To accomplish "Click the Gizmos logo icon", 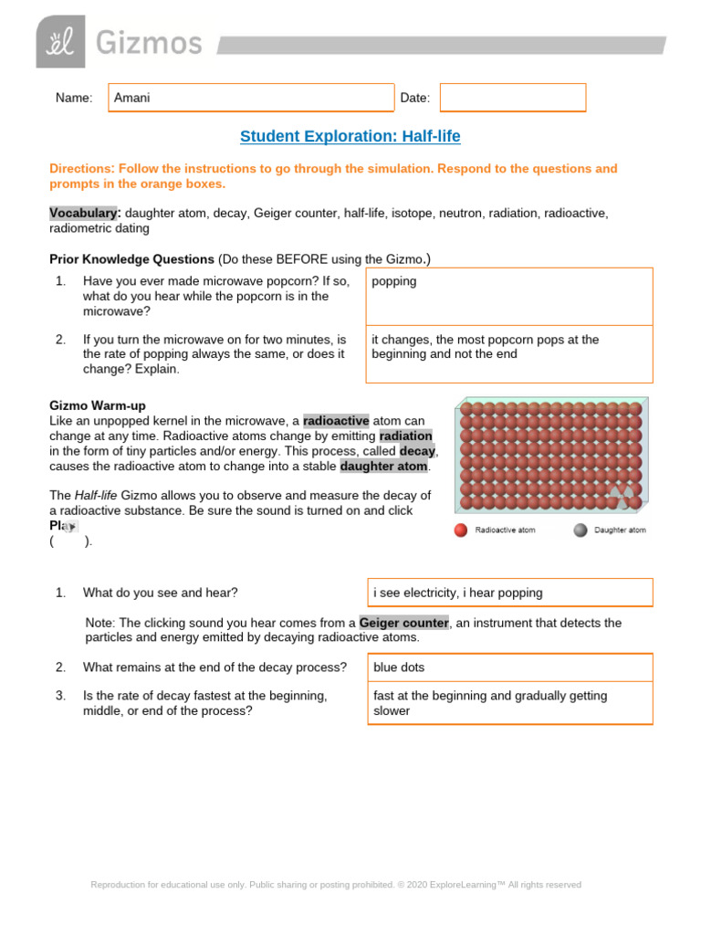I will click(x=60, y=42).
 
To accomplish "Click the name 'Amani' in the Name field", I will click(x=132, y=99).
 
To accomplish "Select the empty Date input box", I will click(x=512, y=98).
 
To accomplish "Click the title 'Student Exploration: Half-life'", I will click(x=350, y=137).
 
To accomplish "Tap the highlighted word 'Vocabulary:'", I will click(x=85, y=213).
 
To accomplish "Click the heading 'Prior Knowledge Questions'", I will click(x=131, y=259).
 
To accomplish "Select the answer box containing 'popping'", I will click(x=509, y=296).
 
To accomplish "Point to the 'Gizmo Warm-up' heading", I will click(x=97, y=405).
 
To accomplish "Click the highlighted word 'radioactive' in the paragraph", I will click(x=336, y=421).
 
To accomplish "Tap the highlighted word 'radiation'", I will click(x=405, y=436).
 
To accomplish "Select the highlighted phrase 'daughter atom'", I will click(x=383, y=467).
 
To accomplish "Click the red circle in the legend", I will click(x=461, y=531).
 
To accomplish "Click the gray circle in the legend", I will click(x=581, y=531).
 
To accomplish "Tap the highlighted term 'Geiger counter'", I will click(x=403, y=623).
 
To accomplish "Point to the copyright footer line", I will click(x=336, y=885).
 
